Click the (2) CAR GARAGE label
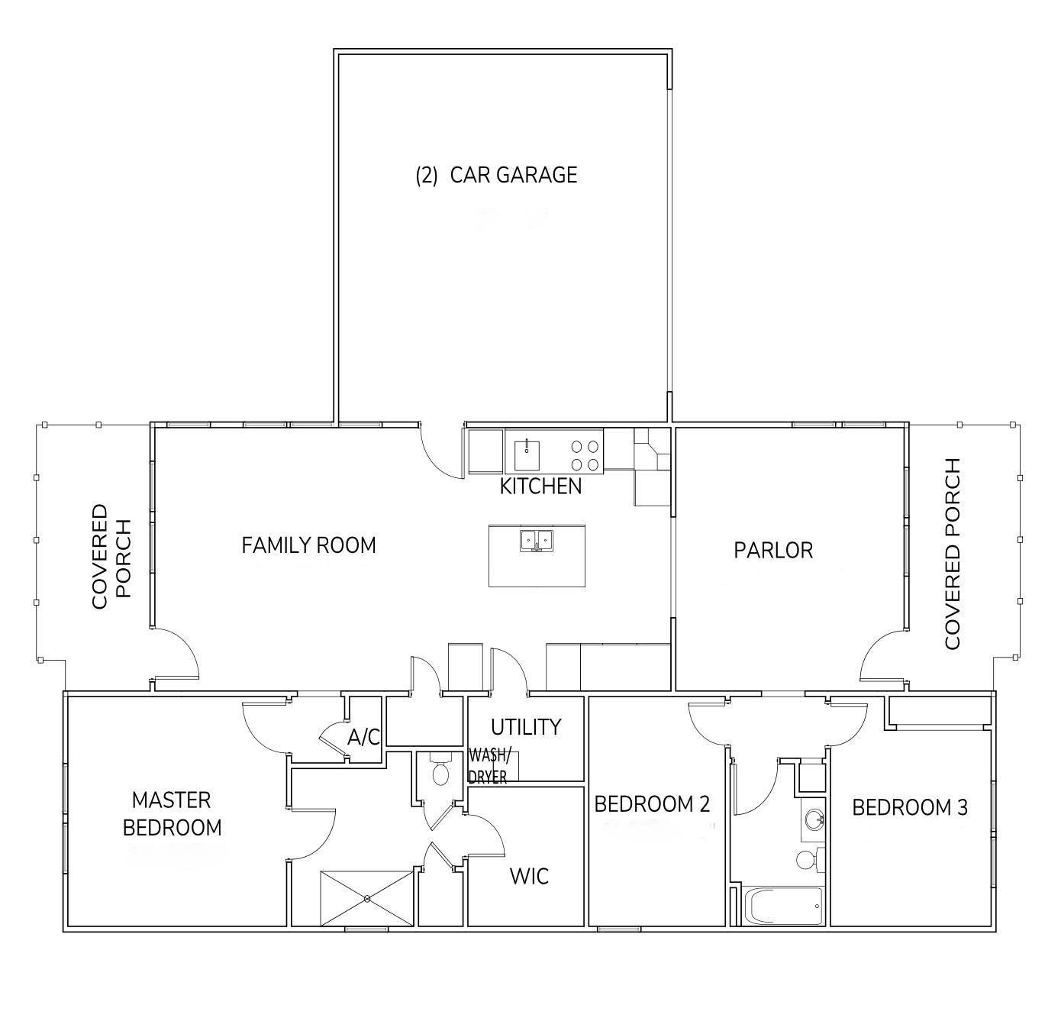pos(496,175)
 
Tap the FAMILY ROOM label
pos(308,545)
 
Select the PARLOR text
pos(773,551)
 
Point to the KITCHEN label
pos(541,486)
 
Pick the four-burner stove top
pos(585,455)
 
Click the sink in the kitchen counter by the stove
pos(527,455)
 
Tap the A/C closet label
pos(363,738)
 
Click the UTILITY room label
pos(526,727)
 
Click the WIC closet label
pos(529,877)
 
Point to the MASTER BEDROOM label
pos(172,814)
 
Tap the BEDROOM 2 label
pos(652,804)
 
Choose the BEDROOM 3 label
pos(909,808)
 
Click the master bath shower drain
pos(367,898)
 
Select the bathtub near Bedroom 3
pos(785,906)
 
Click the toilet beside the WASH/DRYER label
pos(440,769)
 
